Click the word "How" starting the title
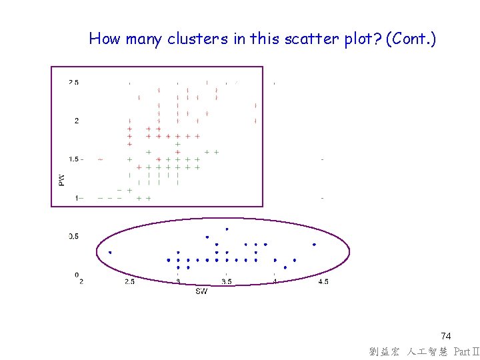pyautogui.click(x=105, y=39)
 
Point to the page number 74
pyautogui.click(x=446, y=337)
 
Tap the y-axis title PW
pyautogui.click(x=62, y=179)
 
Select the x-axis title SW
pyautogui.click(x=201, y=291)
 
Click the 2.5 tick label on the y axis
pyautogui.click(x=73, y=83)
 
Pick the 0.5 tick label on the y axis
pyautogui.click(x=73, y=237)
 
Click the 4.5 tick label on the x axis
pyautogui.click(x=323, y=282)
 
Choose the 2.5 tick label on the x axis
pyautogui.click(x=129, y=282)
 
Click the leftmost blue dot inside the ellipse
pyautogui.click(x=110, y=252)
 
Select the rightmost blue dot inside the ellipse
pyautogui.click(x=314, y=245)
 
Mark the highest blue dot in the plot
pyautogui.click(x=227, y=229)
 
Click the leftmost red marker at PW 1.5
pyautogui.click(x=100, y=159)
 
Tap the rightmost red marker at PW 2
pyautogui.click(x=255, y=121)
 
